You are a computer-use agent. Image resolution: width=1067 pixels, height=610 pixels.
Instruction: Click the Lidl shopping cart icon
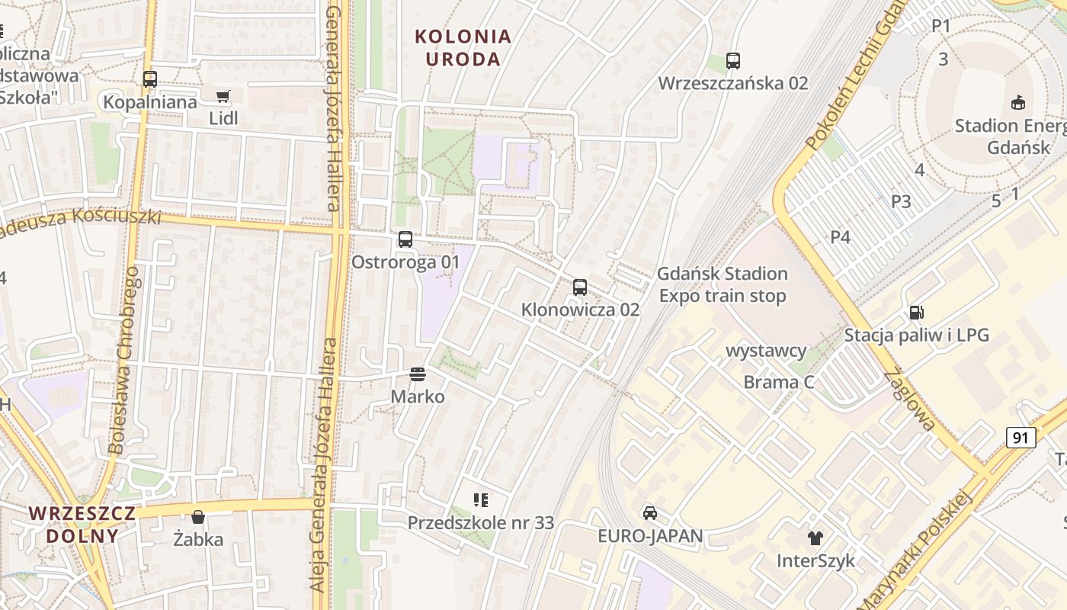pos(223,96)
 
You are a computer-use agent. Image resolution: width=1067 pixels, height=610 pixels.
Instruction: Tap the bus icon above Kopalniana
pos(149,79)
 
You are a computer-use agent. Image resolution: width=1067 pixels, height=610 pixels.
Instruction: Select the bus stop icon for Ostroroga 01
pos(405,239)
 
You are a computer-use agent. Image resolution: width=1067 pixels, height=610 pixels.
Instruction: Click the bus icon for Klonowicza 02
pos(580,287)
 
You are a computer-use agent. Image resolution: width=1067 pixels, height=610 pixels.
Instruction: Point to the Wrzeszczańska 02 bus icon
pos(733,61)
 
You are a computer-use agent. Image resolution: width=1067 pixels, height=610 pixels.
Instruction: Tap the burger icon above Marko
pos(418,374)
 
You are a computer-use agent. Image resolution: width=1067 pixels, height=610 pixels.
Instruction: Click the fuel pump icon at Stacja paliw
pos(916,312)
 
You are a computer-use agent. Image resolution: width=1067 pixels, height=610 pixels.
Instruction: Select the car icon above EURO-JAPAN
pos(649,512)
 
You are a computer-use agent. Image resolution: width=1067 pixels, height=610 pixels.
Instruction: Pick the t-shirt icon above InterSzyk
pos(815,538)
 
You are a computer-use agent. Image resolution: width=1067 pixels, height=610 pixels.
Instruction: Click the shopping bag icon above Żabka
pos(198,517)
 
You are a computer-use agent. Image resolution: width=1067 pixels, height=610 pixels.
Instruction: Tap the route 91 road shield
pos(1021,437)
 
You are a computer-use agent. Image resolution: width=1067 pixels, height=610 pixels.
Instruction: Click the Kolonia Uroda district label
pos(463,47)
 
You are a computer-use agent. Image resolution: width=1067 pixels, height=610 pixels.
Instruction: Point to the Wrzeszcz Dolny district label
pos(82,524)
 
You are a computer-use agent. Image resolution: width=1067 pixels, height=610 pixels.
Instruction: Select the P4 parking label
pos(840,237)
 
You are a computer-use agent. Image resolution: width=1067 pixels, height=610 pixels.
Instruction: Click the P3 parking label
pos(901,201)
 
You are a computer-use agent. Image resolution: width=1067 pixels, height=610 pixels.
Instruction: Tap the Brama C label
pos(779,382)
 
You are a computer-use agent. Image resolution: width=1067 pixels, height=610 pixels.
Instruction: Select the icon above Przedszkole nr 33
pos(480,500)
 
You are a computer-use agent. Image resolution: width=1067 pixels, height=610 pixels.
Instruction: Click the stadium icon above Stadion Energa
pos(1017,102)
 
